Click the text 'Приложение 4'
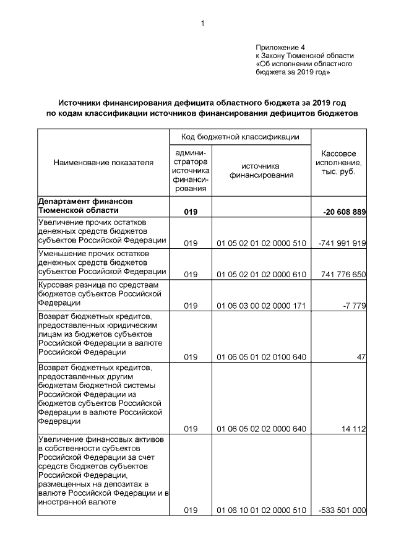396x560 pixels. click(x=280, y=48)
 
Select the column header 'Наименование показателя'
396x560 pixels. click(x=103, y=163)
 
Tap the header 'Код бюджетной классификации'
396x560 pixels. click(x=241, y=136)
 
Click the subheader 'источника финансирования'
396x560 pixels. click(x=261, y=171)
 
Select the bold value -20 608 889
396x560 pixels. click(x=344, y=212)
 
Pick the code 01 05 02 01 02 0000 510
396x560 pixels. click(x=262, y=243)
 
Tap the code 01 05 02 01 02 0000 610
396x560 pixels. click(x=262, y=274)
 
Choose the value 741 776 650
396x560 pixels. click(x=343, y=274)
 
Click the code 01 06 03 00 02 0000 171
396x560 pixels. click(x=262, y=306)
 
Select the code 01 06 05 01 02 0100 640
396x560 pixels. click(x=262, y=357)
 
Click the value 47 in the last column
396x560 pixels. click(x=361, y=357)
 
